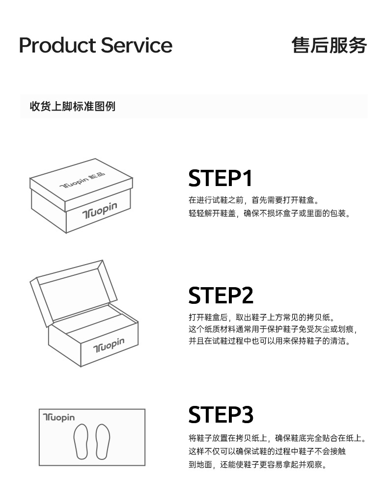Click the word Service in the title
(x=137, y=45)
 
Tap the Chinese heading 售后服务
(x=329, y=45)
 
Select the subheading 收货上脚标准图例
(x=72, y=106)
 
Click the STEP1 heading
(x=221, y=178)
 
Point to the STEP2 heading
(x=221, y=295)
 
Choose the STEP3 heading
(x=221, y=415)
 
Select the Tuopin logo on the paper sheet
(x=59, y=418)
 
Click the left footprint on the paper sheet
(x=81, y=441)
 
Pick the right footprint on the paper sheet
(x=103, y=441)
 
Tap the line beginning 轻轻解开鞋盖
(x=270, y=214)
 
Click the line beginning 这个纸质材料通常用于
(x=273, y=329)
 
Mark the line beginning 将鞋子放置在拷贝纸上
(x=277, y=438)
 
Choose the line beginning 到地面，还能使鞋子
(x=257, y=464)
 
